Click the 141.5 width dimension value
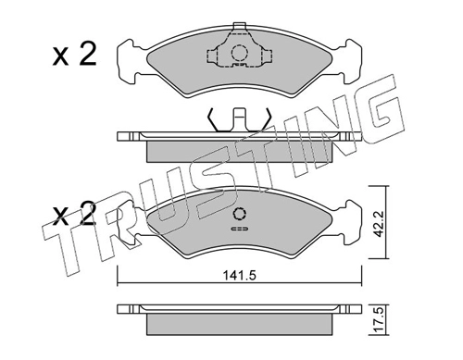tap(240, 276)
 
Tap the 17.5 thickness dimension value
tap(379, 320)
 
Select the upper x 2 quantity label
tap(74, 55)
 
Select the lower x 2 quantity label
tap(74, 213)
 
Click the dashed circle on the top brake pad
tap(239, 53)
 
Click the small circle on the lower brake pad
tap(240, 214)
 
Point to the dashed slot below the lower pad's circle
tap(240, 229)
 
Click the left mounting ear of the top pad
tap(128, 61)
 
